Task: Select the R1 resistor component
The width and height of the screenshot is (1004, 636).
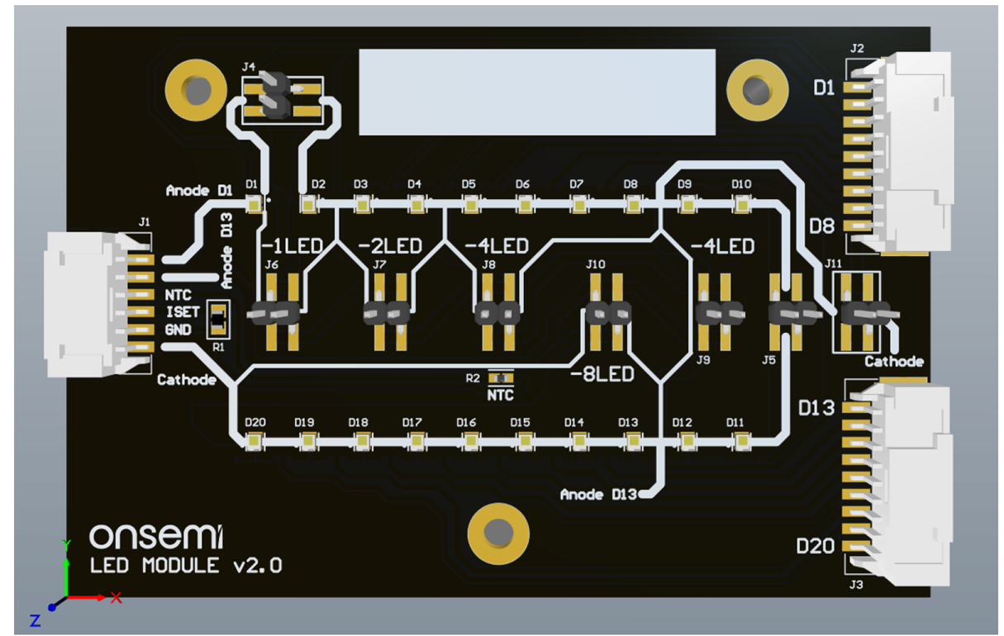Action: click(218, 318)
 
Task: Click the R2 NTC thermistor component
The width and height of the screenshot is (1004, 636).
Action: click(501, 378)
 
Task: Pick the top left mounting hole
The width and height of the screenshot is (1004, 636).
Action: click(196, 90)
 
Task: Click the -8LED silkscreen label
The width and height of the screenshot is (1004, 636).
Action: click(602, 374)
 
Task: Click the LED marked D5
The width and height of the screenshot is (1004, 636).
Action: click(469, 203)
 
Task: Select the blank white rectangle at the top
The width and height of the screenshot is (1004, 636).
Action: click(536, 92)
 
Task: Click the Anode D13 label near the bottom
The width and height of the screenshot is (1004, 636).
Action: click(599, 495)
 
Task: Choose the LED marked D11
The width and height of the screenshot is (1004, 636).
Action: click(740, 443)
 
